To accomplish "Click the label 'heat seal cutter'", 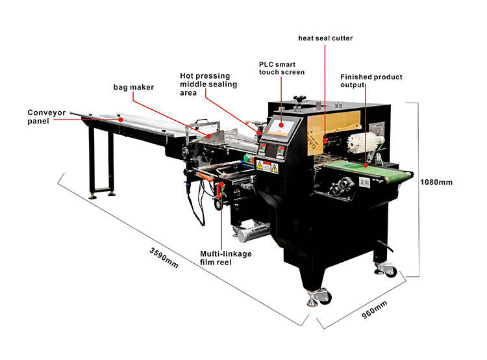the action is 325,38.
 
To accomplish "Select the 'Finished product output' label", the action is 371,81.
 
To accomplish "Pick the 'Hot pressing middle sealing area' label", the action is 208,84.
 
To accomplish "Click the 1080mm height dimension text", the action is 436,183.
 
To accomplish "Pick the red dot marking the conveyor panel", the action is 120,119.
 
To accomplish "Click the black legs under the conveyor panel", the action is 101,162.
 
